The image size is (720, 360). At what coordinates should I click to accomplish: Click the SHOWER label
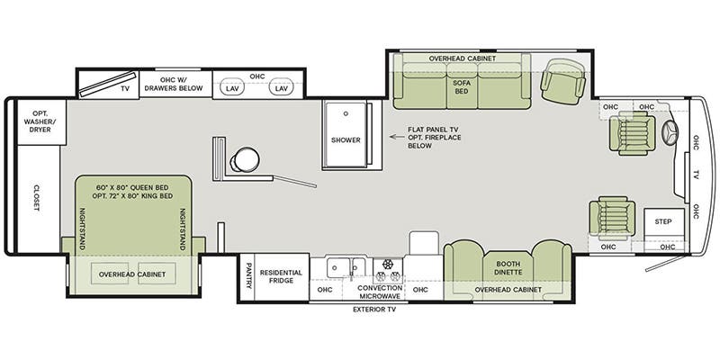coord(346,140)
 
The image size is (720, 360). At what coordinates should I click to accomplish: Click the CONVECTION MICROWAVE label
coord(380,292)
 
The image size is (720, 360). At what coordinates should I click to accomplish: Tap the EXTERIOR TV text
coord(373,310)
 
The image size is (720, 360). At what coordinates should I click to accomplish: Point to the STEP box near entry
coord(663,221)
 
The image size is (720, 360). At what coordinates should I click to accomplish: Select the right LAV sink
coord(280,88)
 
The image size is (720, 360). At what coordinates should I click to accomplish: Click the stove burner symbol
coord(389,265)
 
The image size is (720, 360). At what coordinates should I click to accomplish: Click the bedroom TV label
coord(126,88)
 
